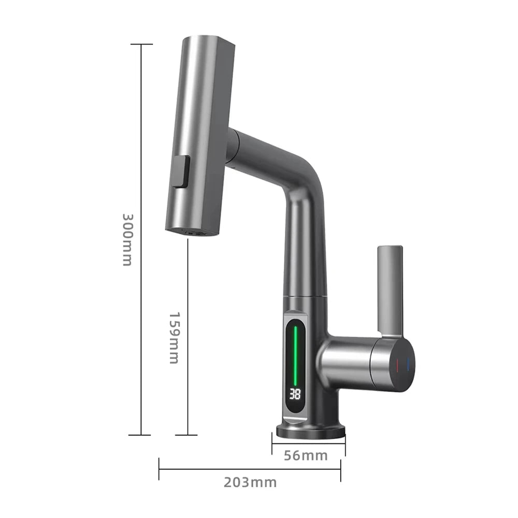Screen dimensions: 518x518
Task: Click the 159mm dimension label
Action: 175,337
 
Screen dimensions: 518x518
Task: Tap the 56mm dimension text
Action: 306,455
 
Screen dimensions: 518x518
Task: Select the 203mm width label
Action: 250,482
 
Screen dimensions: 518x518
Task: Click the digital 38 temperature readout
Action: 295,394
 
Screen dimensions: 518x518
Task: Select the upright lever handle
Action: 390,287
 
